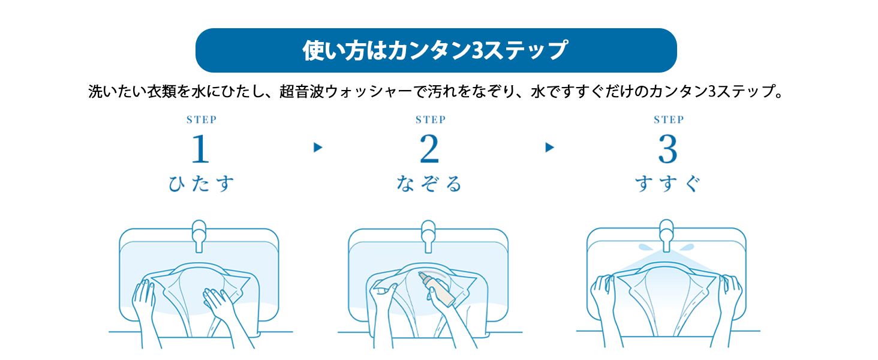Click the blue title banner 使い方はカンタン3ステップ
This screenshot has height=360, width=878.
point(436,50)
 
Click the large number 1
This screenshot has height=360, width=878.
point(200,149)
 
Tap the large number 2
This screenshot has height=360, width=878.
point(429,149)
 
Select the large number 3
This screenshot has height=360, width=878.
point(667,149)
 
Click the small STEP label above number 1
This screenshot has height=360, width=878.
point(201,119)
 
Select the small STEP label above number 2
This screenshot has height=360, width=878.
point(430,119)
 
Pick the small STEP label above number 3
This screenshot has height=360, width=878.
point(668,119)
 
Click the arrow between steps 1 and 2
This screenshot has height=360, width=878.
point(318,148)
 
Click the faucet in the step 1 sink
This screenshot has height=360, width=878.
point(199,235)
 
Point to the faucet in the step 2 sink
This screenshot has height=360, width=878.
point(428,235)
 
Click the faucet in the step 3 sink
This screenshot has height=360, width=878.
point(666,235)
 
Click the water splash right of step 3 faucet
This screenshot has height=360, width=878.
point(687,247)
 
